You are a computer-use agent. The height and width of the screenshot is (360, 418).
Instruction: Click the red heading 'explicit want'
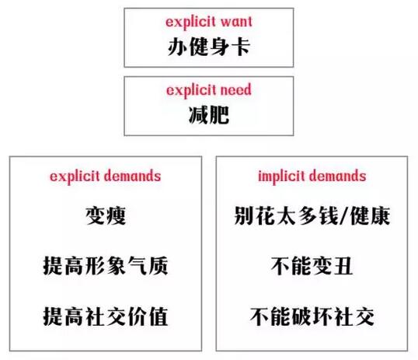tap(209, 22)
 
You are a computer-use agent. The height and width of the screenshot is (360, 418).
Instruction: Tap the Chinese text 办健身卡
tap(209, 47)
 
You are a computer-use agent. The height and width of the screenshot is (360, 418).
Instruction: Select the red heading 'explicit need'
tap(209, 90)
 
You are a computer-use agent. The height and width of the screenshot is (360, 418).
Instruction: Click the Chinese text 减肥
tap(209, 115)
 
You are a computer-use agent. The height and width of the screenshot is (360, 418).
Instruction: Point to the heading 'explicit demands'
tap(106, 177)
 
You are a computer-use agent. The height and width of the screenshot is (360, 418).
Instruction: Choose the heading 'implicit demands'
tap(312, 177)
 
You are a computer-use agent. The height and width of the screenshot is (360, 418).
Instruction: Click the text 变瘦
tap(106, 215)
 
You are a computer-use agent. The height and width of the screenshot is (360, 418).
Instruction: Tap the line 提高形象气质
tap(106, 266)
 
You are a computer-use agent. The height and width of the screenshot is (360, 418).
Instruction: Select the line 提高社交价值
tap(106, 316)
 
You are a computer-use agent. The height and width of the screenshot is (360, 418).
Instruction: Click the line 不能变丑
tap(312, 266)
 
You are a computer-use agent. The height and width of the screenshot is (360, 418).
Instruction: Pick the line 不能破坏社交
tap(312, 316)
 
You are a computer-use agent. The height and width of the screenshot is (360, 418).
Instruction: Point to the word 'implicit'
tap(281, 177)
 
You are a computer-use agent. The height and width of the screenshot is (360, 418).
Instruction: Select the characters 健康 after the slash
tap(370, 215)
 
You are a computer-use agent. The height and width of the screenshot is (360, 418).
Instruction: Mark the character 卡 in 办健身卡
tap(241, 47)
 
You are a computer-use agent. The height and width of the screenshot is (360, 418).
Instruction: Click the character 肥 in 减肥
tap(219, 115)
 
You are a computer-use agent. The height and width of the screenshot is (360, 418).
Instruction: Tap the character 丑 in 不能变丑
tap(343, 266)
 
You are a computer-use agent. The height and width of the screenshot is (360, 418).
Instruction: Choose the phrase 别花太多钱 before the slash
tap(287, 215)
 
